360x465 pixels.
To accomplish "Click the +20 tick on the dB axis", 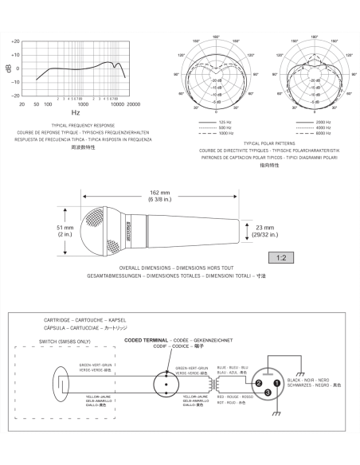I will (x=16, y=41).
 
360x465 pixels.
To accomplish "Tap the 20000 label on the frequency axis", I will (x=133, y=104).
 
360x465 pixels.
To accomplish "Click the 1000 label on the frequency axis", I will (x=81, y=104).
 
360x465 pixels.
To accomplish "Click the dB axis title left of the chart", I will (x=9, y=68).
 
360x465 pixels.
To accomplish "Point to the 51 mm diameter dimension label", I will (x=64, y=231).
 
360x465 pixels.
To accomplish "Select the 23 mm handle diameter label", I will (x=264, y=230).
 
